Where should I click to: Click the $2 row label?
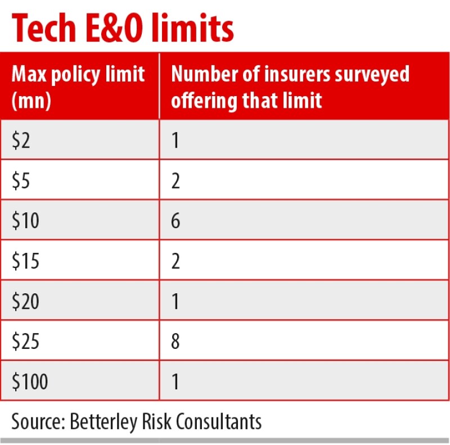pyautogui.click(x=22, y=140)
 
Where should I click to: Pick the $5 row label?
pyautogui.click(x=22, y=181)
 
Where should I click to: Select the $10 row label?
pyautogui.click(x=26, y=221)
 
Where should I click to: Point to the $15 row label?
pyautogui.click(x=26, y=261)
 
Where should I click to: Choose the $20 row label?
pyautogui.click(x=26, y=302)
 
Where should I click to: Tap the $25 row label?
pyautogui.click(x=26, y=342)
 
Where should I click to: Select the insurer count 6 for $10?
pyautogui.click(x=176, y=221)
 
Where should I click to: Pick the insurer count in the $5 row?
pyautogui.click(x=176, y=181)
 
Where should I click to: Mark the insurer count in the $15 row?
pyautogui.click(x=176, y=261)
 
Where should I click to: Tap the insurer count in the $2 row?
pyautogui.click(x=176, y=140)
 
